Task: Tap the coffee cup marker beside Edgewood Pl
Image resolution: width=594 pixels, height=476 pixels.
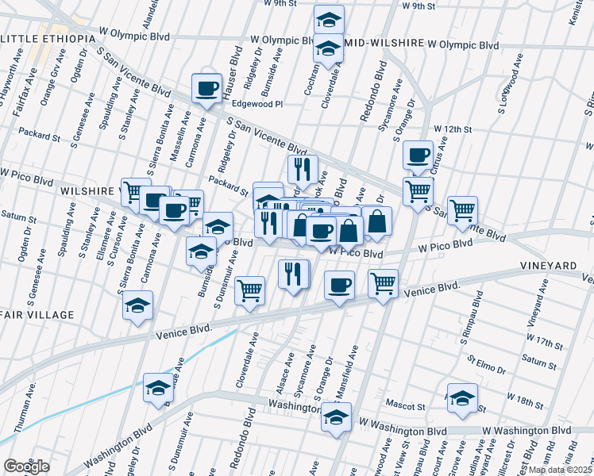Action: tap(206, 89)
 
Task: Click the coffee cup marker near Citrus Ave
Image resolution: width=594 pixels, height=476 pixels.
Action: tap(417, 155)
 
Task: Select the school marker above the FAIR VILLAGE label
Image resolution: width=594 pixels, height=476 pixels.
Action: tap(138, 305)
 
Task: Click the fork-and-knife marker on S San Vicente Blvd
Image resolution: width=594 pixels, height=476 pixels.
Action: tap(302, 169)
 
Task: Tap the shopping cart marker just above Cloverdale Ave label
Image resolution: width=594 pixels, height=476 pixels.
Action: tap(249, 291)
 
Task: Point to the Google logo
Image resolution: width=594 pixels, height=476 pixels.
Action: tap(25, 466)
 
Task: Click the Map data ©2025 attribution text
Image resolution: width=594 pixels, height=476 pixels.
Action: tap(560, 470)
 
